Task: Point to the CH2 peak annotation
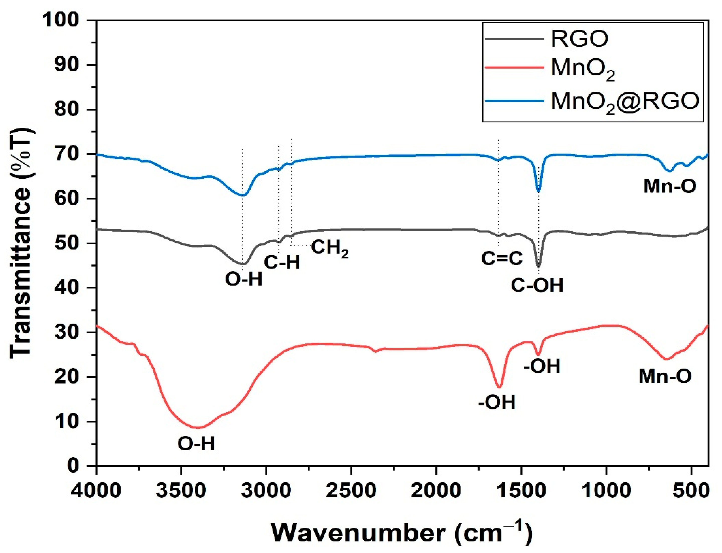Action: tap(329, 248)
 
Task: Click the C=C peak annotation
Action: tap(502, 258)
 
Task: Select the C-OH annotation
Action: tap(537, 285)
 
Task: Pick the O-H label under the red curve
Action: tap(196, 444)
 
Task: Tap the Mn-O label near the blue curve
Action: tap(670, 186)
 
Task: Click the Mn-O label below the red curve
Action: tap(665, 376)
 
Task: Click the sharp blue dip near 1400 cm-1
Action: tap(538, 191)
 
